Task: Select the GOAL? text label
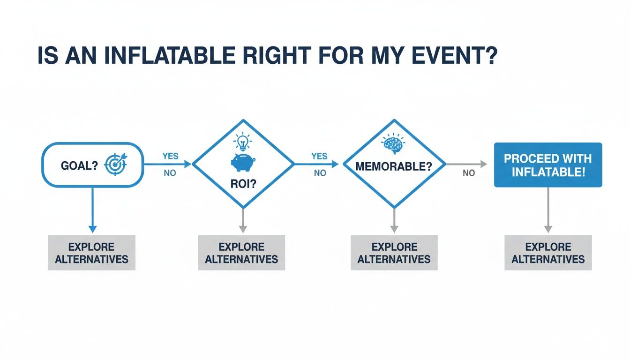click(x=79, y=165)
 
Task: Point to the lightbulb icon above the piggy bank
click(x=242, y=140)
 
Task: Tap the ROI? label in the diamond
click(x=243, y=184)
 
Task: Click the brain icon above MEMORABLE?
click(x=393, y=145)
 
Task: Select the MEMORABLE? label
click(x=394, y=166)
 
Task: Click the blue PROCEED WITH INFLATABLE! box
click(x=548, y=165)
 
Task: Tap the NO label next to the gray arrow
click(x=469, y=173)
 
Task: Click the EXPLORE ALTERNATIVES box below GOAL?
click(x=92, y=253)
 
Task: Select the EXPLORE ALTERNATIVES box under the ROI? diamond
click(x=242, y=253)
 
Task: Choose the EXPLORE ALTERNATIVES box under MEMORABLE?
click(x=394, y=253)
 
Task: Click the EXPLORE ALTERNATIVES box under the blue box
click(x=548, y=253)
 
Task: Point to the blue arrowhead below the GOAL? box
click(x=92, y=229)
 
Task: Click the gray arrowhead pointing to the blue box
click(x=483, y=164)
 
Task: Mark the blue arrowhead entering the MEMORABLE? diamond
click(x=335, y=164)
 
